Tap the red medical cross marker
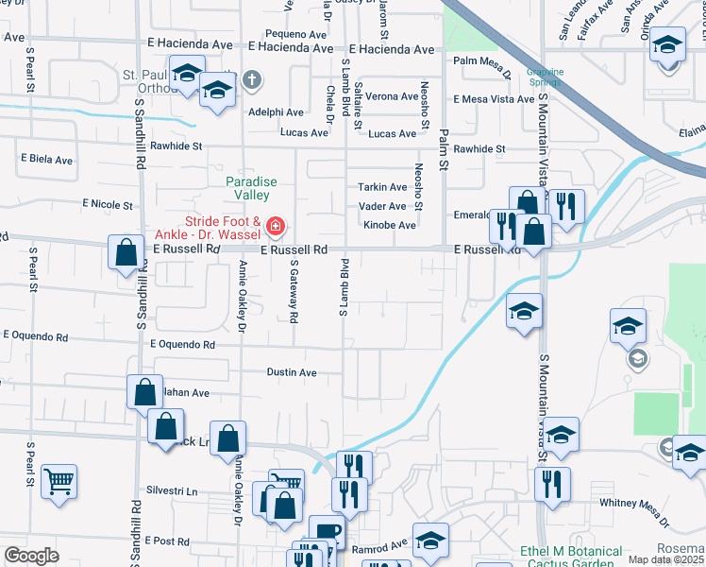[275, 226]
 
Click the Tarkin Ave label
[382, 187]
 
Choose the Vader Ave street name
[382, 206]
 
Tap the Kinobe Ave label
[390, 226]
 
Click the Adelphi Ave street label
[275, 112]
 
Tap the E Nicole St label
[108, 203]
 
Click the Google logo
[31, 556]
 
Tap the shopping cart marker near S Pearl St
[59, 481]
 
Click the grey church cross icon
[251, 79]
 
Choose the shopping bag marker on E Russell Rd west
[126, 253]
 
